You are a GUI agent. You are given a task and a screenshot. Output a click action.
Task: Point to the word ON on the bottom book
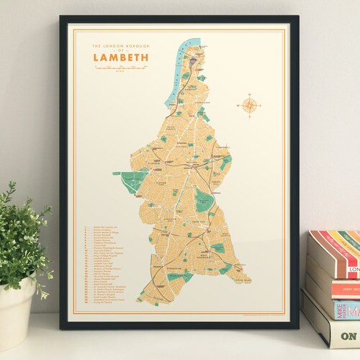tap(348, 336)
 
